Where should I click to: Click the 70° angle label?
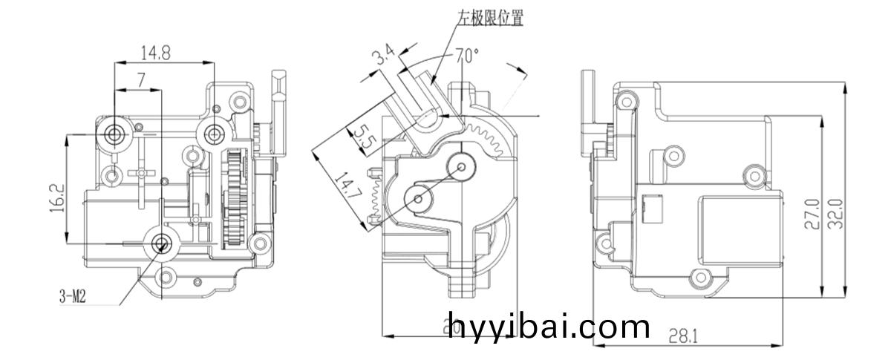pos(466,55)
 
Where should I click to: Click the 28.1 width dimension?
pos(682,336)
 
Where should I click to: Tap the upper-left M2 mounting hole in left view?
pos(114,133)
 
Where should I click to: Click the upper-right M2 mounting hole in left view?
pos(215,133)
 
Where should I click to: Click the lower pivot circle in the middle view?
pos(418,197)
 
